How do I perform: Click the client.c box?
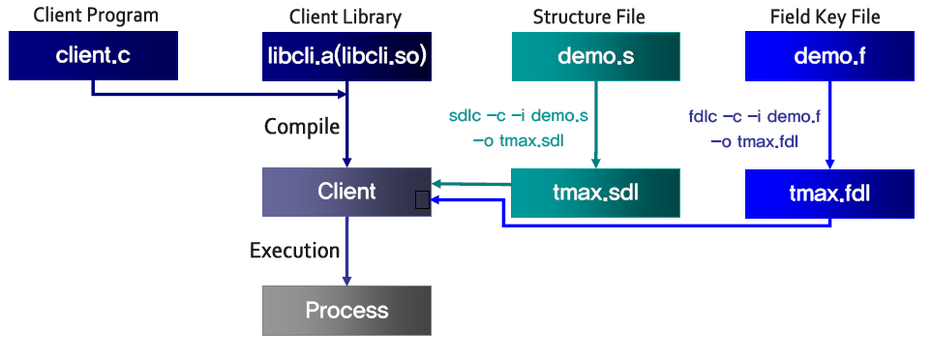93,55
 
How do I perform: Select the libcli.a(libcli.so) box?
346,56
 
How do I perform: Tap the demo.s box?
595,56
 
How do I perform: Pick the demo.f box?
829,56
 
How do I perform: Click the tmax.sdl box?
595,193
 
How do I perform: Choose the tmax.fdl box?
829,194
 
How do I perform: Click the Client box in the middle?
346,192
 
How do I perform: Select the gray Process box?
346,310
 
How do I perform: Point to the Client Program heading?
96,15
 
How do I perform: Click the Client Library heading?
345,16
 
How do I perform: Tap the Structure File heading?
588,16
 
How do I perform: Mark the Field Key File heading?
826,16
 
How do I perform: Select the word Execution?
294,250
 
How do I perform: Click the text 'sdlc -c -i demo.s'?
519,116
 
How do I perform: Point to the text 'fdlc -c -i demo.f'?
755,116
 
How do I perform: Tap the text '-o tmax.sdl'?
518,141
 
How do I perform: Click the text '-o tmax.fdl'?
754,142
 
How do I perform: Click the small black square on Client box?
422,200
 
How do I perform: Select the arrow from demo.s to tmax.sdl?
595,124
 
